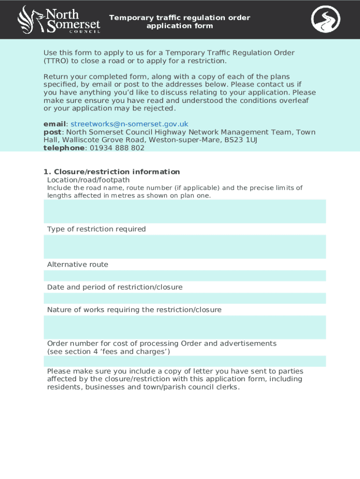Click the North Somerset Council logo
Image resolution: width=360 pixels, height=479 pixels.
coord(58,19)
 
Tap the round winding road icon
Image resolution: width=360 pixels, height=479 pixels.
coord(326,19)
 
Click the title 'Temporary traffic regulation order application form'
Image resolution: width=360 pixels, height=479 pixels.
coord(180,22)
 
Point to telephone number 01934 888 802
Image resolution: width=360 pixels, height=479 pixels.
coord(117,148)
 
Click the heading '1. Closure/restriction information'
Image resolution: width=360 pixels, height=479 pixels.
coord(112,172)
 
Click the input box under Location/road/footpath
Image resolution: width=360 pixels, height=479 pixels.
coord(185,211)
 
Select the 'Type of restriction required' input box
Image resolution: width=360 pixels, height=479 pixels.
coord(185,247)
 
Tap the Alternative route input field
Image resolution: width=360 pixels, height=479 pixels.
coord(185,276)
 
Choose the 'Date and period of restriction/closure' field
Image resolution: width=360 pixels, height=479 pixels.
coord(185,298)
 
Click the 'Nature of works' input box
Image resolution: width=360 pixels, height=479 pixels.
coord(185,327)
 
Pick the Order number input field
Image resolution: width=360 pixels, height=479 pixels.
coord(185,361)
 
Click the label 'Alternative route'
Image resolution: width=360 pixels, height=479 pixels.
coord(78,265)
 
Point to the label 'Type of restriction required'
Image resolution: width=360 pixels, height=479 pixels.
coord(96,229)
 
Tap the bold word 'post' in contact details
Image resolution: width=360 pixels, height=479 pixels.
coord(52,132)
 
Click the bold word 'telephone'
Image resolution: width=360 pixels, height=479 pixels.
coord(64,148)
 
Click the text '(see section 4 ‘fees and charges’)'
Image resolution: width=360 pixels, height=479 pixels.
coord(108,352)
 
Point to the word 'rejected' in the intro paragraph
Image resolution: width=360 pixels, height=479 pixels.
coord(160,109)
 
